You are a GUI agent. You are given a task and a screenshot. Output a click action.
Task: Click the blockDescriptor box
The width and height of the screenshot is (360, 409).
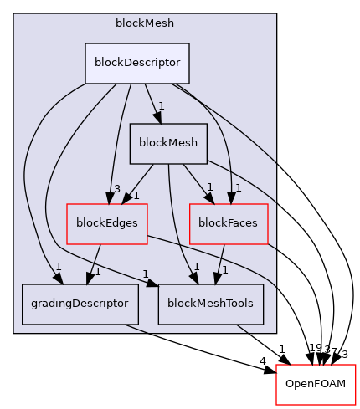coord(137,64)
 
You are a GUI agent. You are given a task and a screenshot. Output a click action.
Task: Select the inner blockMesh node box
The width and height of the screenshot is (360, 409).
coord(167,143)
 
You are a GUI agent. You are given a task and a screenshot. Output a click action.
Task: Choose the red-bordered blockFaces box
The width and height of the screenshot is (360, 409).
coord(229,223)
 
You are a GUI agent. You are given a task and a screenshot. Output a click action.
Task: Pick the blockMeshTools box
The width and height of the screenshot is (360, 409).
coord(211,304)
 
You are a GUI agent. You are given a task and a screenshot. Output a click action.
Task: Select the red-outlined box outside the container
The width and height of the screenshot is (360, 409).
coord(316,385)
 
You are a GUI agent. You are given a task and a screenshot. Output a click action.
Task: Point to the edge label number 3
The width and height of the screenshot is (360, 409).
coord(118,188)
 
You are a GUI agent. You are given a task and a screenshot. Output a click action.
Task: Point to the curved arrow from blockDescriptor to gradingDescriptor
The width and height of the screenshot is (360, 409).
coord(28,184)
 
